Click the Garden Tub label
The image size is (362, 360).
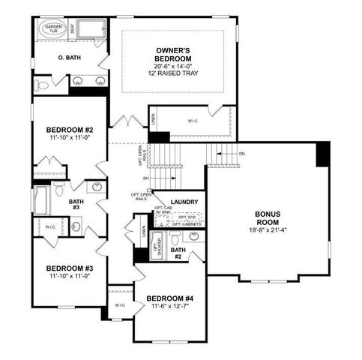coord(53,30)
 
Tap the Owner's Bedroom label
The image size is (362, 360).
coord(172,55)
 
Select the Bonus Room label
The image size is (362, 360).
coord(267,217)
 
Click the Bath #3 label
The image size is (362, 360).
coord(76,205)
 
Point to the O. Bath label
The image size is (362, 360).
coord(71,58)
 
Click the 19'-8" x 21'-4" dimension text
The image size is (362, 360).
coord(267,230)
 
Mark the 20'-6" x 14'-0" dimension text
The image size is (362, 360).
coord(172,67)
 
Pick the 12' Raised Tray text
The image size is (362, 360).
coord(172,75)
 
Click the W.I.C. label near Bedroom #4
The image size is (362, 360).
coord(121,305)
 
